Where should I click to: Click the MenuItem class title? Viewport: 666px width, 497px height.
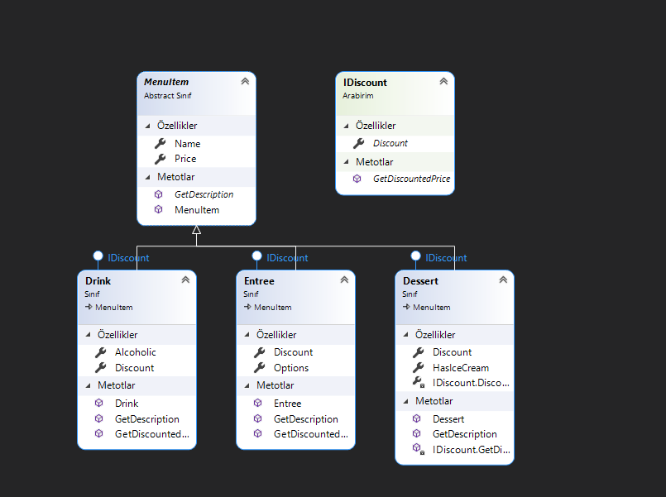tap(166, 82)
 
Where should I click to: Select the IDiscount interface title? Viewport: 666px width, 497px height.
tap(365, 82)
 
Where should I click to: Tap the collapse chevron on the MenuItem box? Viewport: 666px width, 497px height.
tap(245, 81)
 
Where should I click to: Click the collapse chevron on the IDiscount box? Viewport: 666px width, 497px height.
tap(443, 81)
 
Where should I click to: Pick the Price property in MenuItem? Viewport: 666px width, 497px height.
tap(185, 159)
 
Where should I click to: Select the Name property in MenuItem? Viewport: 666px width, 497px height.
tap(187, 144)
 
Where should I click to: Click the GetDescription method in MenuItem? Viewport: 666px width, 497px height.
tap(204, 194)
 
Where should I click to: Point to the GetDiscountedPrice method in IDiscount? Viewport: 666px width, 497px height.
tap(411, 179)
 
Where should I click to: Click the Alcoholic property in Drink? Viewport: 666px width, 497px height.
tap(135, 352)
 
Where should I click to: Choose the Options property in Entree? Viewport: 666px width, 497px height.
tap(291, 368)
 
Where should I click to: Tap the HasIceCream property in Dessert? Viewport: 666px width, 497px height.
tap(460, 368)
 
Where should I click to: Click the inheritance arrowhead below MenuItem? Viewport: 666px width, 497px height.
tap(196, 231)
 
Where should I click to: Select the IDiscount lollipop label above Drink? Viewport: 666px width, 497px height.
tap(128, 258)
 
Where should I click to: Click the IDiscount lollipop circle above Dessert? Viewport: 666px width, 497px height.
tap(415, 256)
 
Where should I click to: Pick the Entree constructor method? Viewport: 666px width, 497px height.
tap(287, 404)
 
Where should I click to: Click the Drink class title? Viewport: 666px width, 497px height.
tap(98, 281)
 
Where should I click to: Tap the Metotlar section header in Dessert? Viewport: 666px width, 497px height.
tap(434, 401)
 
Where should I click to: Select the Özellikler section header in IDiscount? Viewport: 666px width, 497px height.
tap(375, 126)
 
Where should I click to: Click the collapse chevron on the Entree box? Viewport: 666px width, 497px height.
tap(344, 280)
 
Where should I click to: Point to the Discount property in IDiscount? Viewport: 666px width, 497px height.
tap(390, 144)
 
